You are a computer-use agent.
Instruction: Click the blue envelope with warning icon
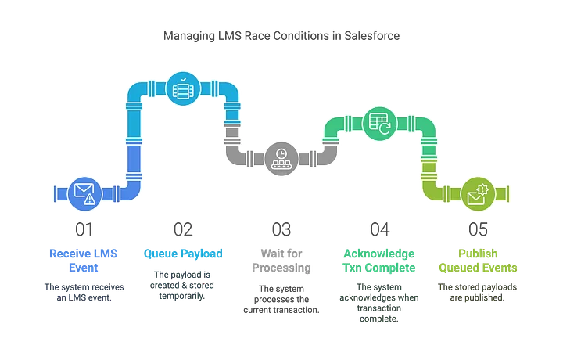84,193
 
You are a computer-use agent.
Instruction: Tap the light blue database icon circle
182,88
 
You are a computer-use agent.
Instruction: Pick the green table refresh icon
379,123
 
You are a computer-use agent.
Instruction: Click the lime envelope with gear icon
478,193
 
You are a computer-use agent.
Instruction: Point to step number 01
82,229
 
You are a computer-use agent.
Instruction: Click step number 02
181,229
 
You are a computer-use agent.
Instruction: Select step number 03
280,229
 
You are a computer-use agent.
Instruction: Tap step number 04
380,229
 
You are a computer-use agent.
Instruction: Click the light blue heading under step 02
183,254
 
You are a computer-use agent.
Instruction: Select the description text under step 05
478,291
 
